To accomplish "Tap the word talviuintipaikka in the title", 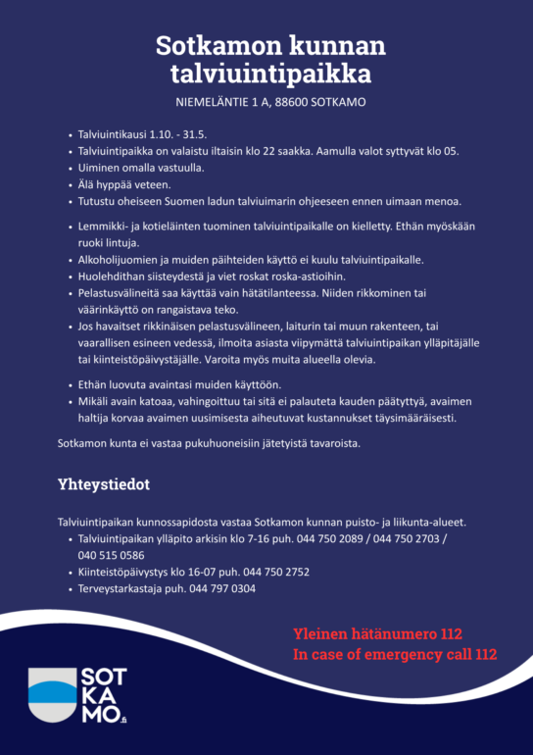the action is coord(270,74).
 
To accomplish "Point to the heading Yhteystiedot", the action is coord(103,484).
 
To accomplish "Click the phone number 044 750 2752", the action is coord(276,571).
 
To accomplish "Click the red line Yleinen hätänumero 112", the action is coord(377,633).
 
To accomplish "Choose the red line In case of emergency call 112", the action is coord(395,654).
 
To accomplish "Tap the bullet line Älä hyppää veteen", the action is coord(124,184).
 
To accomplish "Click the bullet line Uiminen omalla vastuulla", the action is coord(140,168).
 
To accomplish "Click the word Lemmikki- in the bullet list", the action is coord(104,226).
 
